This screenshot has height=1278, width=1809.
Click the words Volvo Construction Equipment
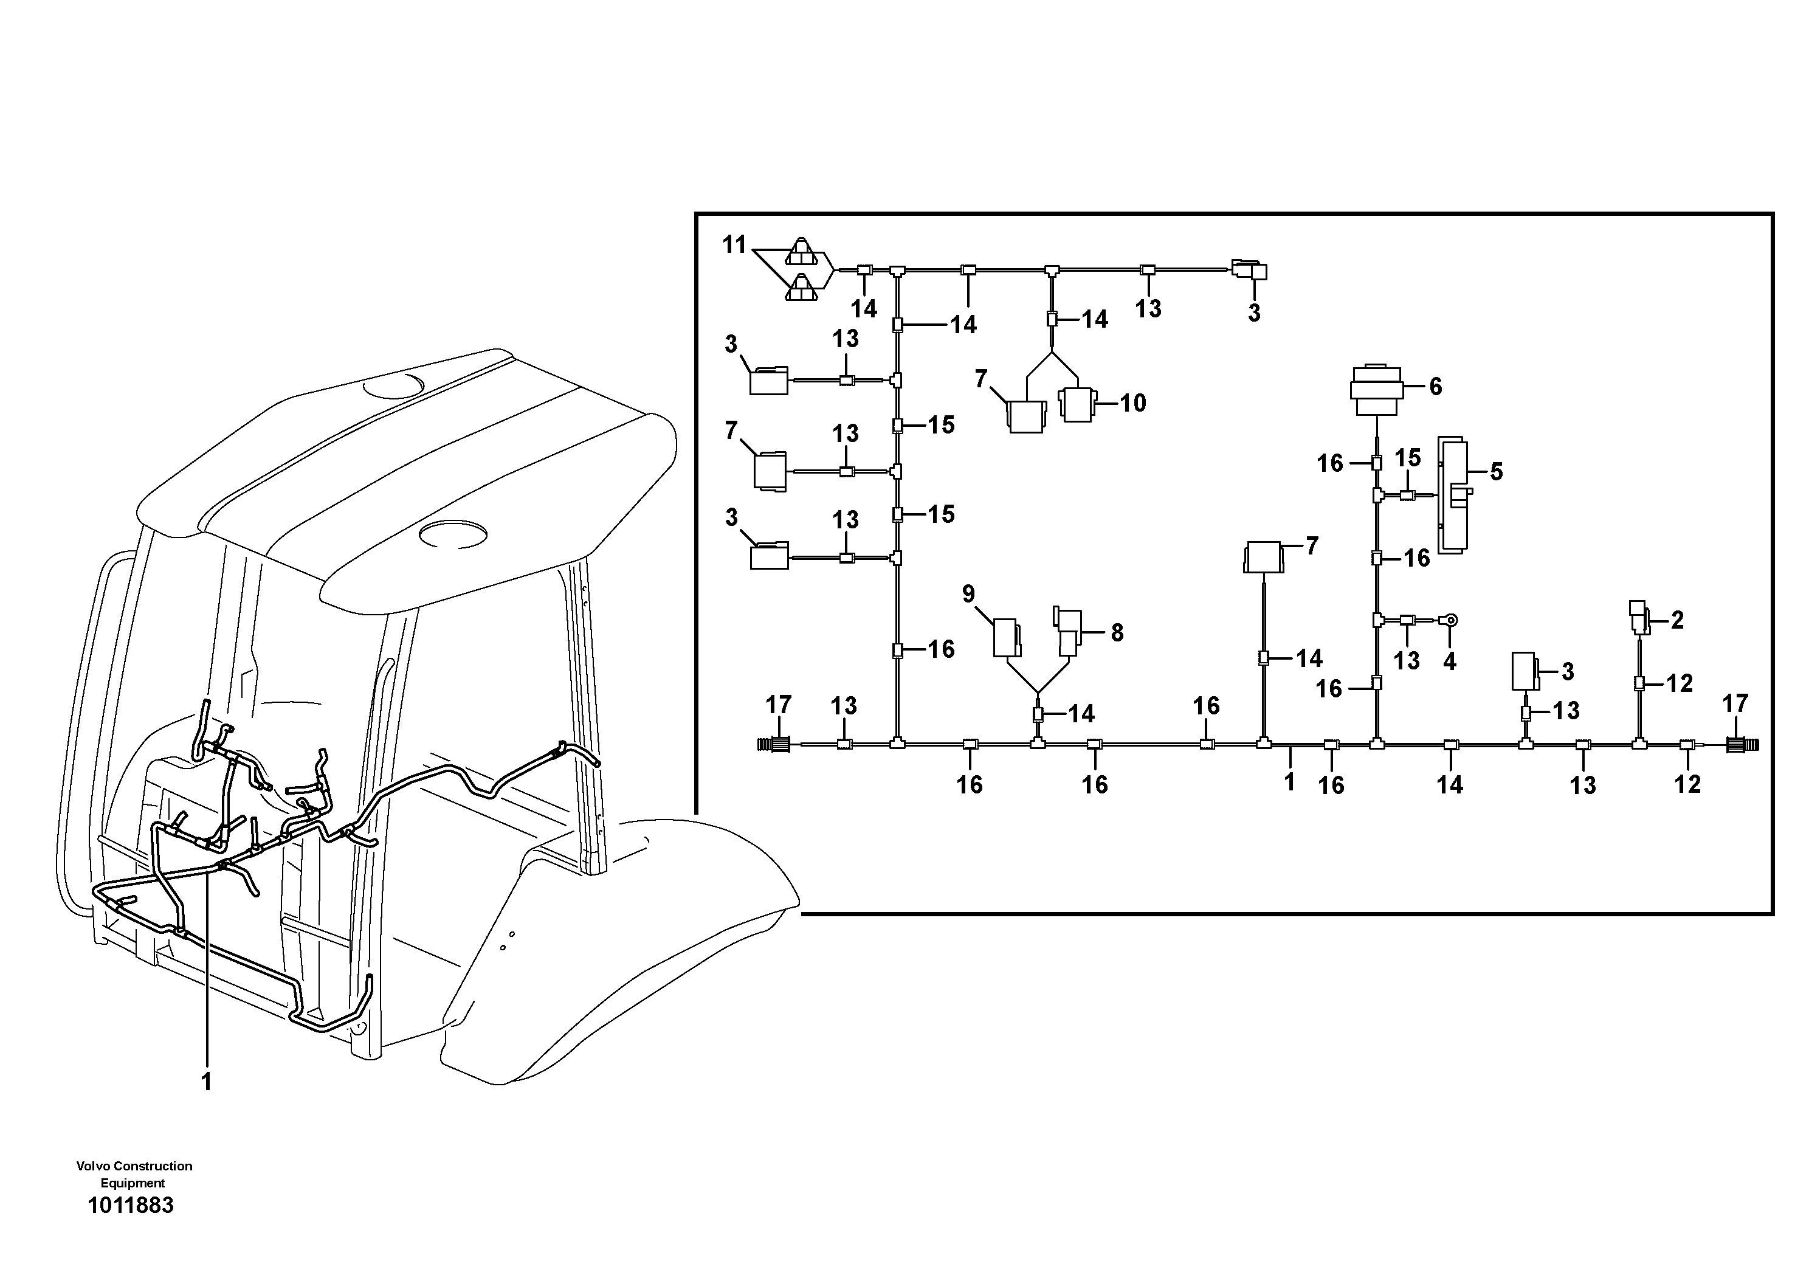(134, 1174)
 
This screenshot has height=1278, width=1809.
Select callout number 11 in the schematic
(734, 245)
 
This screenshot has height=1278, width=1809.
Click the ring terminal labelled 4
(1450, 620)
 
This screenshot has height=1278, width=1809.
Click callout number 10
(1133, 402)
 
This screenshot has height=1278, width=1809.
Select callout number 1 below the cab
(207, 1082)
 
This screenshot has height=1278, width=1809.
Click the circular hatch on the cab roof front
(452, 534)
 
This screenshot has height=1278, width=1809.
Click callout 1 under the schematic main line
(1289, 782)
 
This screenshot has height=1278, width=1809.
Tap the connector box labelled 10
(1078, 404)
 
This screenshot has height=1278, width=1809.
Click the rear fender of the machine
(622, 945)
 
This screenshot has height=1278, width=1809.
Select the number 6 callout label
(1436, 386)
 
